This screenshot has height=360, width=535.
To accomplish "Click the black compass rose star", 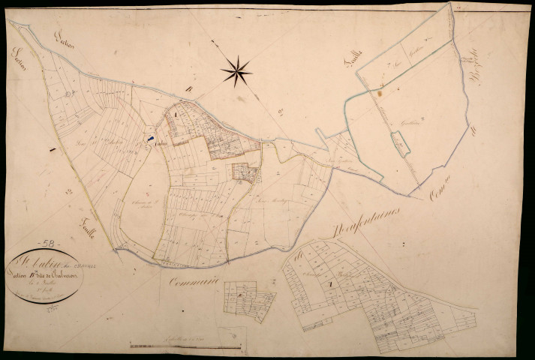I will [x=236, y=71].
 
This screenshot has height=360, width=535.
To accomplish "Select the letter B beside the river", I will [x=189, y=92].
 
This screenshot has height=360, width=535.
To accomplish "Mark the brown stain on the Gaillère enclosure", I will [x=380, y=94].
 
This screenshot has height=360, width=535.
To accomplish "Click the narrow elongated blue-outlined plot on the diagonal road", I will [x=402, y=142].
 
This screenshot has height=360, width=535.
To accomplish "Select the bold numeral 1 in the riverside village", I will [x=176, y=114].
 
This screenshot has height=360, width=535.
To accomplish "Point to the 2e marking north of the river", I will [x=279, y=112].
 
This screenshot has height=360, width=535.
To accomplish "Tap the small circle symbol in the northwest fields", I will [x=70, y=94].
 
